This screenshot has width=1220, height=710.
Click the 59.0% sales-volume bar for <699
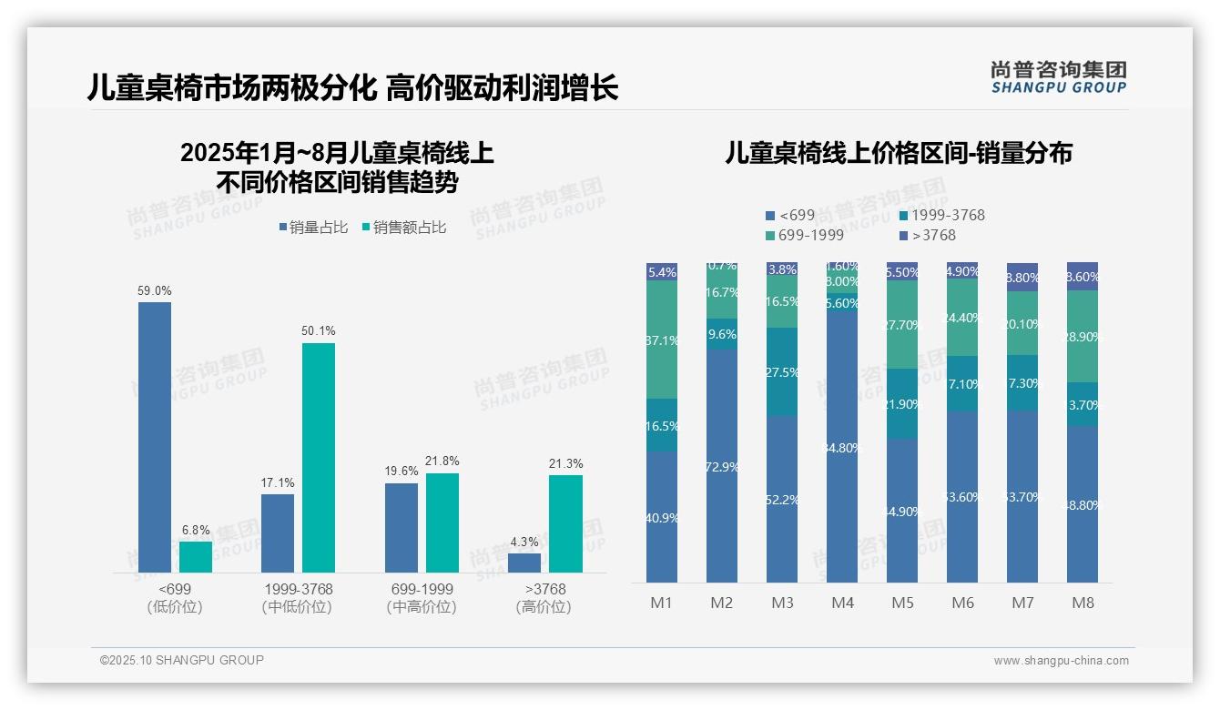[x=155, y=437]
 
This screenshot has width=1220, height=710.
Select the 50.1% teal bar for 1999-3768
[x=319, y=458]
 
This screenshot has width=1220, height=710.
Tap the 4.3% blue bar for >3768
[x=524, y=563]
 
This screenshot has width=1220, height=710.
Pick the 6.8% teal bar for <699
[x=196, y=557]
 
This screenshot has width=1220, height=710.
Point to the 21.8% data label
[x=442, y=461]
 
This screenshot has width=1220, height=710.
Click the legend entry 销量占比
[x=313, y=228]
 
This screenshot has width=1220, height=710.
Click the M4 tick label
[x=842, y=603]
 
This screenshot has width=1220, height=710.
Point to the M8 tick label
[x=1083, y=603]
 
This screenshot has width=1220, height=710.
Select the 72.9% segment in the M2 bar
[x=722, y=466]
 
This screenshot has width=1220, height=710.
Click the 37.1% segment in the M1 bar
[x=662, y=340]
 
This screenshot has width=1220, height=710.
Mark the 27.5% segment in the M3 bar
[x=782, y=371]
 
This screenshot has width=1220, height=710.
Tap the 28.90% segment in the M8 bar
[x=1083, y=336]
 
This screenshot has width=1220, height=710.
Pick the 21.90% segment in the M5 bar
[x=902, y=403]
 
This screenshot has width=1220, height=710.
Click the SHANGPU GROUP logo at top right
[x=1058, y=77]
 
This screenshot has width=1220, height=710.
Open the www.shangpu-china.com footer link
[x=1061, y=661]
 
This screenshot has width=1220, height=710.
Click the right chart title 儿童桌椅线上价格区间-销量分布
[x=899, y=153]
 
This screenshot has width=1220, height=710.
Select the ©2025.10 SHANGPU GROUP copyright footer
[x=182, y=661]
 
